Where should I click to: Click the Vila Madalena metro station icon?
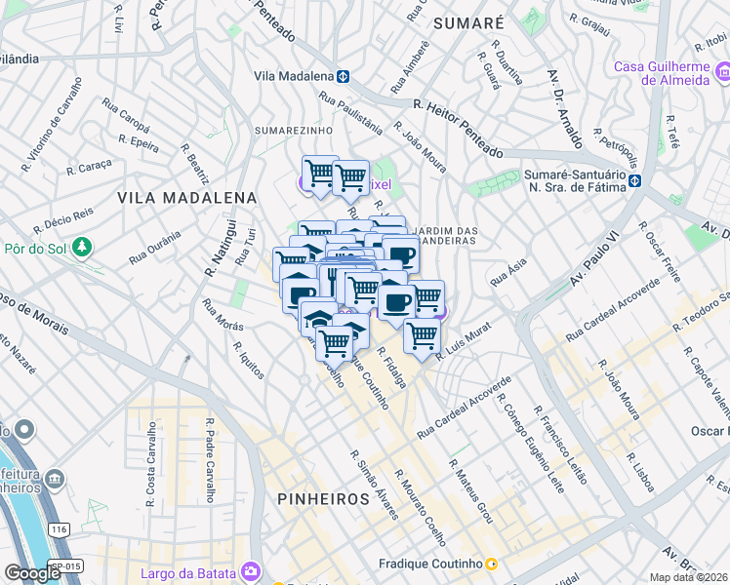[x=344, y=76]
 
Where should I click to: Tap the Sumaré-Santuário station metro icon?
[x=634, y=180]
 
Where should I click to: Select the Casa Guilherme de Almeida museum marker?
[x=722, y=73]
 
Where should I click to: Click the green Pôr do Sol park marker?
[x=84, y=248]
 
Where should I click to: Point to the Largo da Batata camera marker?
[x=251, y=570]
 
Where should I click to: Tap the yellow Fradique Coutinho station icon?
[x=491, y=564]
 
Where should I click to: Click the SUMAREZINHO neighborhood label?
[x=294, y=130]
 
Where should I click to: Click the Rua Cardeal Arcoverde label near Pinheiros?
[x=465, y=407]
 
